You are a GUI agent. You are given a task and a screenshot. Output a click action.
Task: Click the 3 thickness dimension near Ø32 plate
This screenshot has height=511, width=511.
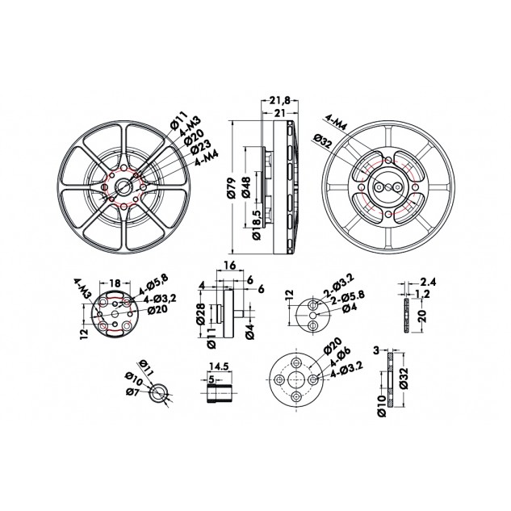376,350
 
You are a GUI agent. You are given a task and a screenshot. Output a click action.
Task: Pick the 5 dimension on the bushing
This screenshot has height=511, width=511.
212,377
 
